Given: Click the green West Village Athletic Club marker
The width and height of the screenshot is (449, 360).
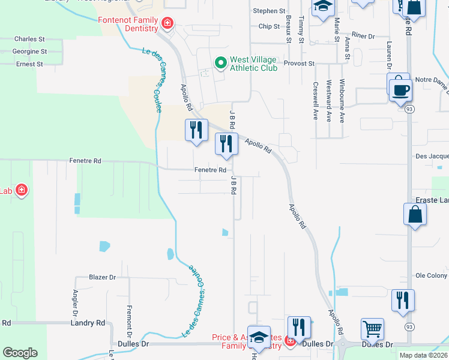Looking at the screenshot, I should click(x=220, y=62).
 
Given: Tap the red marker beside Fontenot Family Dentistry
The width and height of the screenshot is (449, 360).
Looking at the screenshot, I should click(x=167, y=24).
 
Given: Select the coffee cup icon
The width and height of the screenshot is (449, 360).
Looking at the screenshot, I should click(x=400, y=90).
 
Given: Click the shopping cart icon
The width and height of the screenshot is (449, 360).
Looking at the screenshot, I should click(x=372, y=329).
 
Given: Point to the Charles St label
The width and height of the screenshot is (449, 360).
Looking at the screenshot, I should click(x=30, y=39).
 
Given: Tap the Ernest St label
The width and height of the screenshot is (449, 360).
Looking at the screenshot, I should click(x=30, y=64).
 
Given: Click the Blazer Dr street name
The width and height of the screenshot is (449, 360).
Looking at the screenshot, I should click(x=102, y=277).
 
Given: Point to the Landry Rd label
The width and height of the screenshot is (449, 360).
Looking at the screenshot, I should click(x=88, y=323).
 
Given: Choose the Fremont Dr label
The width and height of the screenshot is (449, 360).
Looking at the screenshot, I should click(x=129, y=320).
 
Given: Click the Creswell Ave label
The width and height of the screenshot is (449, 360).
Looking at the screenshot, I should click(x=315, y=100).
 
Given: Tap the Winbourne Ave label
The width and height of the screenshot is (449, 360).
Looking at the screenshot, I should click(x=342, y=100).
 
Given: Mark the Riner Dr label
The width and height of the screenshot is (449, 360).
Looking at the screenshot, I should click(x=363, y=36).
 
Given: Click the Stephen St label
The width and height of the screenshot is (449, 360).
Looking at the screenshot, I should click(x=269, y=11).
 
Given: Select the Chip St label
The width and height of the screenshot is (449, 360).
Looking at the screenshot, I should click(x=269, y=26).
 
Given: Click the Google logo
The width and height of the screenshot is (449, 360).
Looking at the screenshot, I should click(x=20, y=353).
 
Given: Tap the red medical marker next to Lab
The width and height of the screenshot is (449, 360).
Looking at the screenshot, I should click(x=22, y=191).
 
